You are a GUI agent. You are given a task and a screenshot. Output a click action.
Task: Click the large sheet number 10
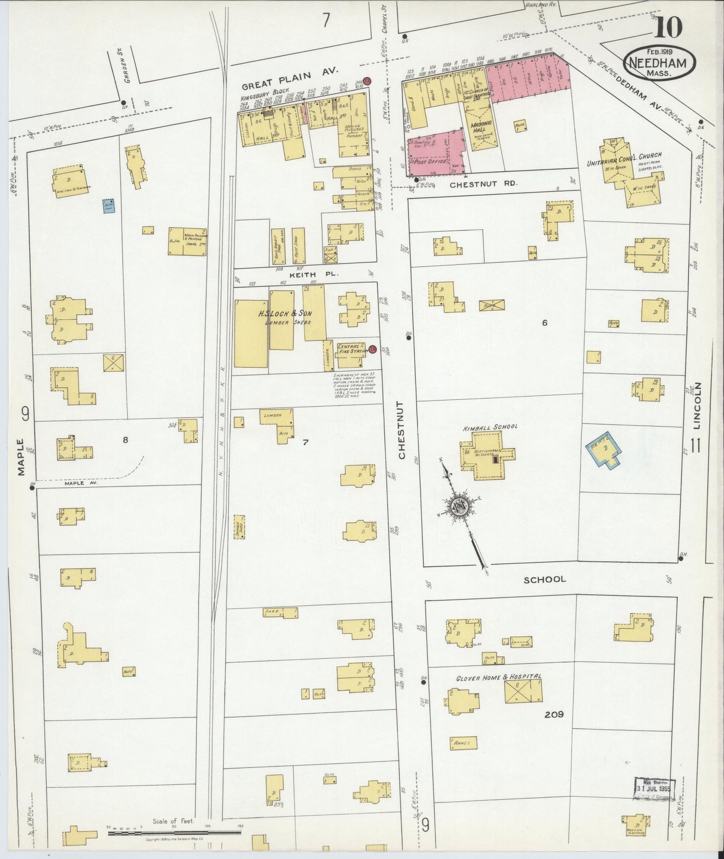click(667, 28)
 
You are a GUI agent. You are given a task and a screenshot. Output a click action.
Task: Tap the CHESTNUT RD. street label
click(473, 184)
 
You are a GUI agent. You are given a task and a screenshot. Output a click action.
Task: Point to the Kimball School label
click(490, 427)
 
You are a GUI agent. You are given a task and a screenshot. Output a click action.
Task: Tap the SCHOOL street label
click(545, 579)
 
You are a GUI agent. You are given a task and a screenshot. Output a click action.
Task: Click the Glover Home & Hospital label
click(498, 677)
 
